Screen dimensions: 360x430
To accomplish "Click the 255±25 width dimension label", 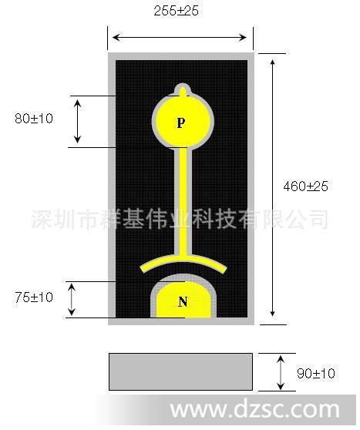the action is [x=177, y=11].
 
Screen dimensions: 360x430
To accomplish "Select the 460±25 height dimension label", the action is [x=306, y=186].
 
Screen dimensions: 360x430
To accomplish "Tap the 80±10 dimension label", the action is [x=34, y=119].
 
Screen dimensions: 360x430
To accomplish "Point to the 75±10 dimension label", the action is [x=34, y=297].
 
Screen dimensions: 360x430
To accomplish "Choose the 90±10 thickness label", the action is [x=316, y=374].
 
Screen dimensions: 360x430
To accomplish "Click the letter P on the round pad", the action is [x=181, y=123].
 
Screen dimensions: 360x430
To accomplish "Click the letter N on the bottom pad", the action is [x=183, y=301].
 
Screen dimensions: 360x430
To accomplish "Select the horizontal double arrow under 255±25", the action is [x=180, y=37].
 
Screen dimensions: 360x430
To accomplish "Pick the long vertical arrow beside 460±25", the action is [x=272, y=188].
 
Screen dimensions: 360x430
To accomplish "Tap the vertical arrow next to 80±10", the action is [x=78, y=121].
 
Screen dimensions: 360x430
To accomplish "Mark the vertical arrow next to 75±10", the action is [x=72, y=300].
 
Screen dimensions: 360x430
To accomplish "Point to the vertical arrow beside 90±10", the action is [x=281, y=372].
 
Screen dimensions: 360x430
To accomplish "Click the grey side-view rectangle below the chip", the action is [x=181, y=371].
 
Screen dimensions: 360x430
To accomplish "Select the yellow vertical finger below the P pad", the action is [x=183, y=202].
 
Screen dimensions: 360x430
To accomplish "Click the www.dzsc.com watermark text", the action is [x=255, y=410].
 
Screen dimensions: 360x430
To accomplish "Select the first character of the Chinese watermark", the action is [x=42, y=219].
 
